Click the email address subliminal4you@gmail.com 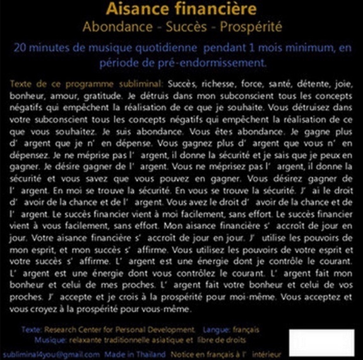[x=51, y=354]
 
